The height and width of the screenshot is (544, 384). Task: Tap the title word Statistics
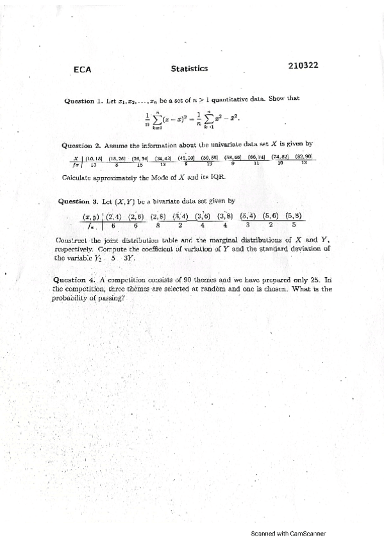click(189, 67)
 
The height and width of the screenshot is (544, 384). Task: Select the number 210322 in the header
click(304, 65)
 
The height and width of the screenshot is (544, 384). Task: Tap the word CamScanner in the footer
click(306, 532)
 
